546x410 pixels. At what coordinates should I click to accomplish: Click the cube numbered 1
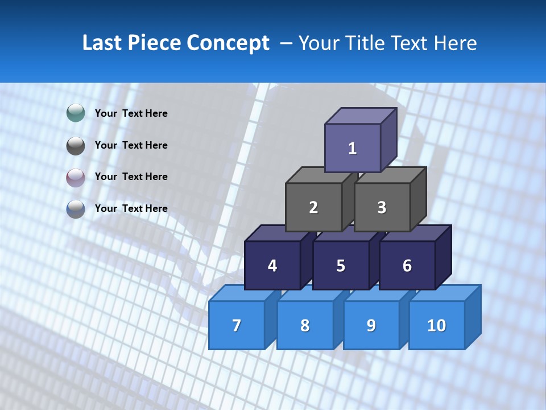[x=353, y=148]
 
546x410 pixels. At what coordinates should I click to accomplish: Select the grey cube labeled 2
[x=313, y=207]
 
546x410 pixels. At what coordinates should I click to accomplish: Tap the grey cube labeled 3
[x=382, y=207]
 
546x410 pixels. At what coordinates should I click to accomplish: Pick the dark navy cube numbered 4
[x=272, y=265]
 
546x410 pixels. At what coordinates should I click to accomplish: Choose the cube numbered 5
[x=341, y=265]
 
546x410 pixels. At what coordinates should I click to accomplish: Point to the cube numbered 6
[x=407, y=265]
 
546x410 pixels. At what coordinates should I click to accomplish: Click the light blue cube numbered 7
[x=237, y=325]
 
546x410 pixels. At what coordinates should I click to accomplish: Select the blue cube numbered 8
[x=305, y=325]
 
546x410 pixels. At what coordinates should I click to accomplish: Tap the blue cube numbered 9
[x=371, y=325]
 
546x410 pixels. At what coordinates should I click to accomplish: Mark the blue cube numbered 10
[x=436, y=325]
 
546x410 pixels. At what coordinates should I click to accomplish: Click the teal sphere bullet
[x=76, y=113]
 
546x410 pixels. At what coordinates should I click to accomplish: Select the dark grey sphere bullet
[x=76, y=145]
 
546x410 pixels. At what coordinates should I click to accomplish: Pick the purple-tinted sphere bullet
[x=76, y=177]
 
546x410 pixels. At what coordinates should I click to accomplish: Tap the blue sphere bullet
[x=76, y=208]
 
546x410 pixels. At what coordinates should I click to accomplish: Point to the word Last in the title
[x=103, y=43]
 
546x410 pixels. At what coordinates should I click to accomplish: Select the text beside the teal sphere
[x=131, y=113]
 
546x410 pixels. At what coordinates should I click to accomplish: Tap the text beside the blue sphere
[x=131, y=208]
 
